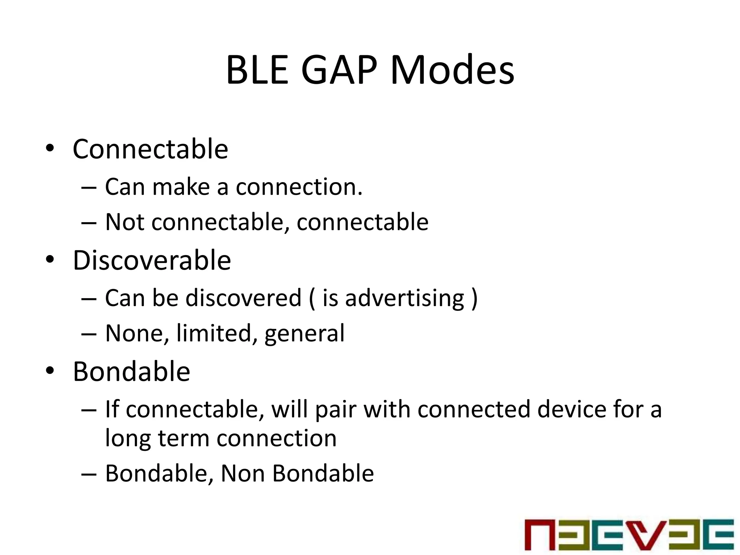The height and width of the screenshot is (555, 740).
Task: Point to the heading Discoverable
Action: click(x=152, y=260)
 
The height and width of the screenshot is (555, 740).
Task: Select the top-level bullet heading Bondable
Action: click(x=132, y=371)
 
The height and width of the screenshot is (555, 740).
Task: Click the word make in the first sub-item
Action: click(x=181, y=187)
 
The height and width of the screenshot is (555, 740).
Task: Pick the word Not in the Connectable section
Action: click(x=124, y=222)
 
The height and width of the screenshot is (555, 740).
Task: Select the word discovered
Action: click(x=243, y=298)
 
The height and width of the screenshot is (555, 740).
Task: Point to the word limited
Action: click(x=214, y=333)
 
